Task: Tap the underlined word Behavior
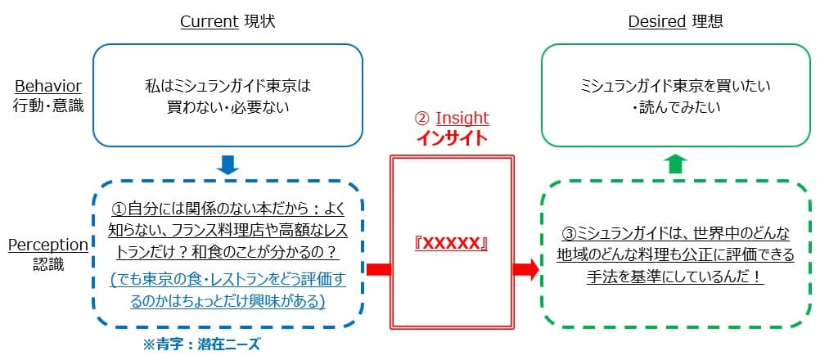(x=47, y=86)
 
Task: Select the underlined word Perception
(x=47, y=245)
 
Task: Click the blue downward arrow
(x=228, y=165)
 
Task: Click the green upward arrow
(x=674, y=164)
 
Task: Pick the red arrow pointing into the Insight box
(x=377, y=269)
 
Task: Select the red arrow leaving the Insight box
(x=525, y=269)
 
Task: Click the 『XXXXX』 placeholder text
(x=451, y=244)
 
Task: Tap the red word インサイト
(x=451, y=137)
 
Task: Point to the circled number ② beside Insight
(x=422, y=118)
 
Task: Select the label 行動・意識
(x=48, y=106)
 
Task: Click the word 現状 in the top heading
(x=260, y=21)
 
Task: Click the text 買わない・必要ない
(x=228, y=106)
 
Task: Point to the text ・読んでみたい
(x=675, y=106)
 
